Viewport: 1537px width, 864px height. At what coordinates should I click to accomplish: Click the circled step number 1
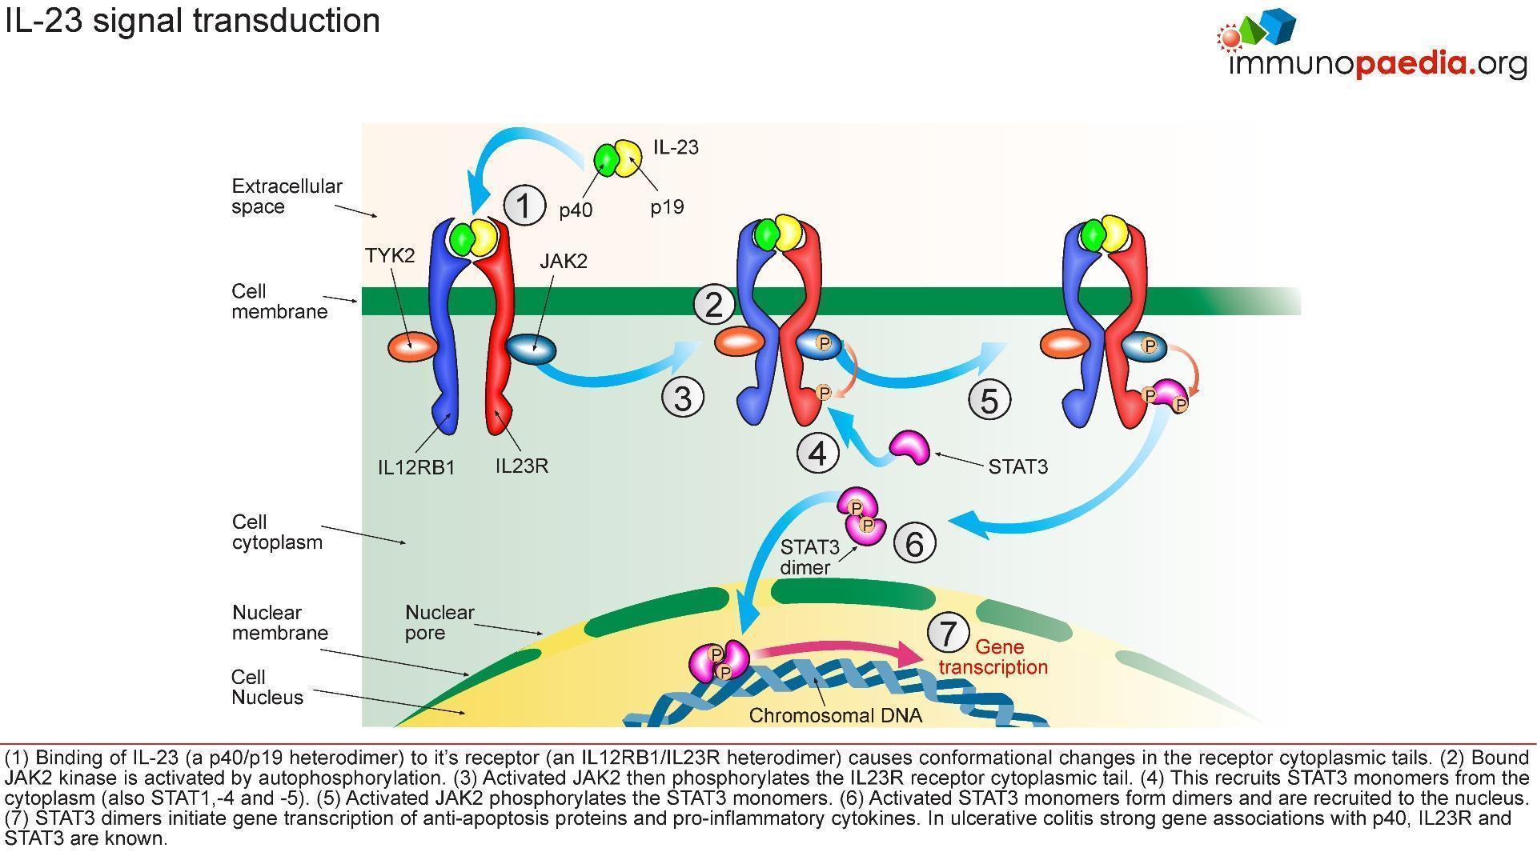(524, 205)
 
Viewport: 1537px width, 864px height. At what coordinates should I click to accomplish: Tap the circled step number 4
(817, 453)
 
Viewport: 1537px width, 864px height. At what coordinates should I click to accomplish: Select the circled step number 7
(948, 633)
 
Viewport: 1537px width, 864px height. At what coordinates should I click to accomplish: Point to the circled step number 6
(913, 543)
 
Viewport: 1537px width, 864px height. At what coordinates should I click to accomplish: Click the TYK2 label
(390, 255)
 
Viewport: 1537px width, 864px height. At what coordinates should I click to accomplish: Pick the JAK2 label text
(564, 261)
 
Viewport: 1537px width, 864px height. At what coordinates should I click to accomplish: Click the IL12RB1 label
(416, 467)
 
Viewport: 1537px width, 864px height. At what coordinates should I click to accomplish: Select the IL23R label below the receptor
(522, 466)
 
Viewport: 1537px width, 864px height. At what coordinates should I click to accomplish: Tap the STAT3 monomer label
(1017, 466)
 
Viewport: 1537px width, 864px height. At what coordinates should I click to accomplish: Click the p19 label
(667, 207)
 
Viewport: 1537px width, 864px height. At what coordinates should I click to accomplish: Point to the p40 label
(576, 210)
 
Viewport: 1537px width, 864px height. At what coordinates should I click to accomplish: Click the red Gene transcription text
(994, 657)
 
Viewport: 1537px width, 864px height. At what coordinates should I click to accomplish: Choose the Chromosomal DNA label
(835, 715)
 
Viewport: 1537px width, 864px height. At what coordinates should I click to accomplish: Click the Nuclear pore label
(439, 622)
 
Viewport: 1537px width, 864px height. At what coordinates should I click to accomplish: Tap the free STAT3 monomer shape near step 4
(910, 446)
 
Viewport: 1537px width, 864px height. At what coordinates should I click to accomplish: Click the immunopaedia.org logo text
(1377, 64)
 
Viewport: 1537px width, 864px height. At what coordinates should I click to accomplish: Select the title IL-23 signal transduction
(192, 20)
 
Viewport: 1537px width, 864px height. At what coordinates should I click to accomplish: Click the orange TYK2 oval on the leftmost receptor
(412, 348)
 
